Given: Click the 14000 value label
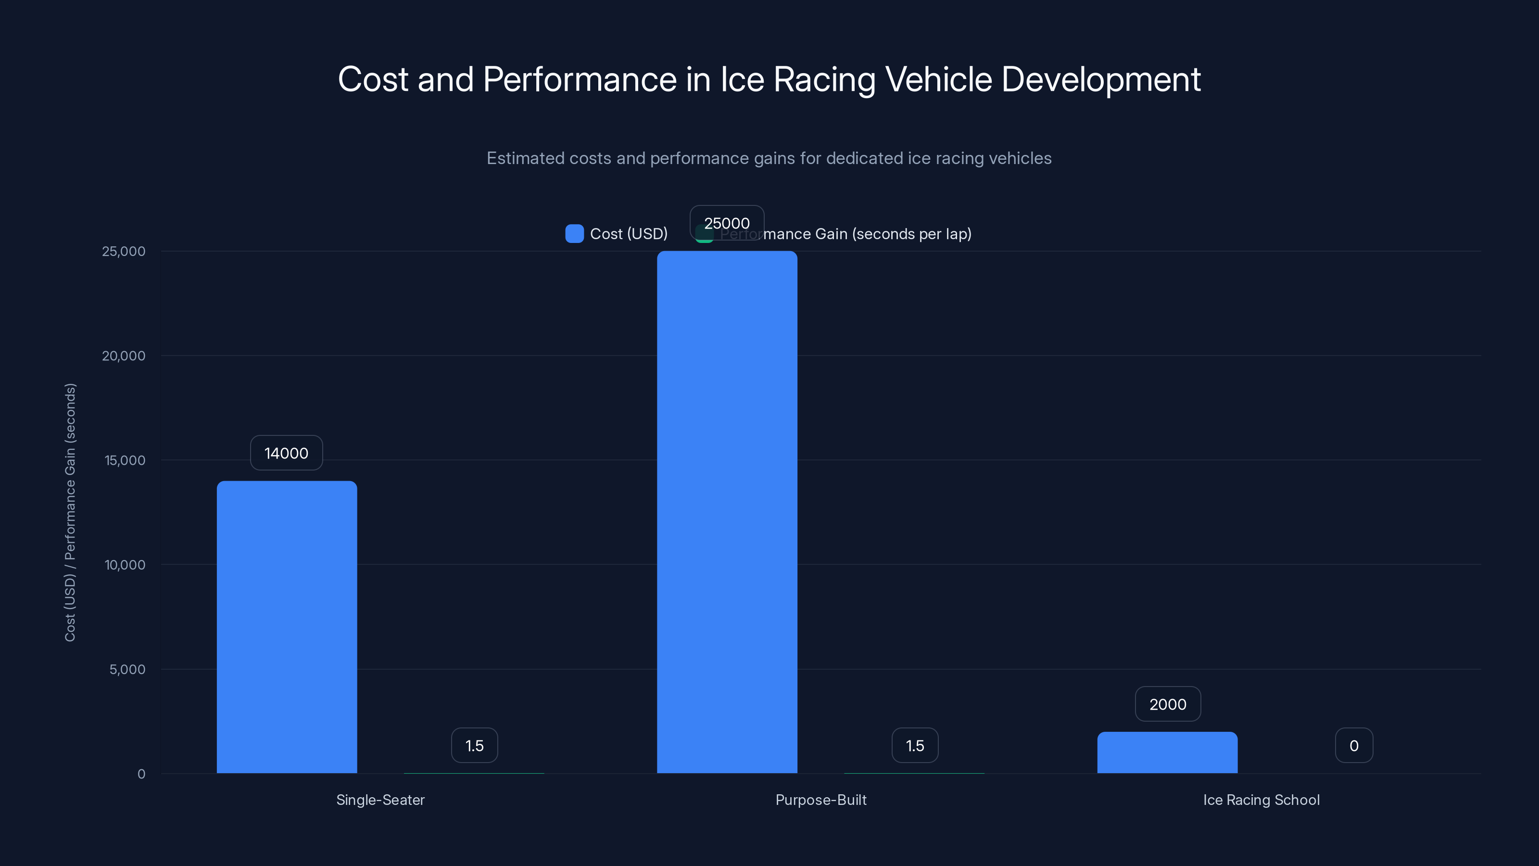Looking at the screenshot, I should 286,453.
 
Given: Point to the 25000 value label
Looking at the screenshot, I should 727,223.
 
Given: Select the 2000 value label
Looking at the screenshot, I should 1167,704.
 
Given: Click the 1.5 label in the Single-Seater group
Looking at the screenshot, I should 474,745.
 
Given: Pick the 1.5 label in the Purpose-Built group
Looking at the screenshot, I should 915,745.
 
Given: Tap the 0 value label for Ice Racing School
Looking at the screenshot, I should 1354,745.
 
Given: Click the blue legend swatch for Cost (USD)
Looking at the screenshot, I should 574,234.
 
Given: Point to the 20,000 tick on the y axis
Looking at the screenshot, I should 124,356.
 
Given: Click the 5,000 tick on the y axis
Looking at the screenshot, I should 126,669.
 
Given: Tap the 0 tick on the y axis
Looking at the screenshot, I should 141,774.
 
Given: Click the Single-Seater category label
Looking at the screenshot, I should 380,800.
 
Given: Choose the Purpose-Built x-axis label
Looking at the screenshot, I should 820,800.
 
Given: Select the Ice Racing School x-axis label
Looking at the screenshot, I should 1261,800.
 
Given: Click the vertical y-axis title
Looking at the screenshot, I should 70,512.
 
